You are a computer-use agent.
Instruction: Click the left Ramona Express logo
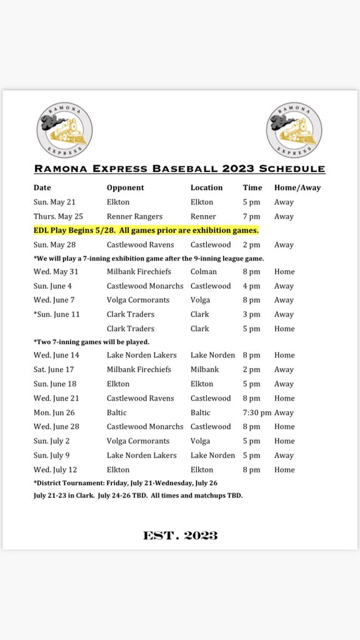click(64, 130)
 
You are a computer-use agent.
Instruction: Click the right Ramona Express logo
click(294, 130)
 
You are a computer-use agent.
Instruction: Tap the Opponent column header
click(125, 187)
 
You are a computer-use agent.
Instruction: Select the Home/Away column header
click(297, 187)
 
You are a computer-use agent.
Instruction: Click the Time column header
click(252, 187)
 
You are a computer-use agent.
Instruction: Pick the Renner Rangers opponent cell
click(134, 216)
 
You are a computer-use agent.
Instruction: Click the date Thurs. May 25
click(58, 216)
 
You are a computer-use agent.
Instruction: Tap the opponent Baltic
click(117, 412)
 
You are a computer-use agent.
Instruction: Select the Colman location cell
click(204, 271)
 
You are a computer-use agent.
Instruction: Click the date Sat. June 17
click(54, 369)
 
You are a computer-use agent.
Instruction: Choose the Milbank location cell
click(205, 369)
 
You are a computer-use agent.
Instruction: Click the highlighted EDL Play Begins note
click(146, 231)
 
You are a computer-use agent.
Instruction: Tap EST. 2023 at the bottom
click(179, 535)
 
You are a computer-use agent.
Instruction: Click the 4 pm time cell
click(251, 286)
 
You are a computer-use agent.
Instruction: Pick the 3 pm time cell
click(251, 314)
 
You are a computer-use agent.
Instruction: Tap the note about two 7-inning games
click(91, 342)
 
